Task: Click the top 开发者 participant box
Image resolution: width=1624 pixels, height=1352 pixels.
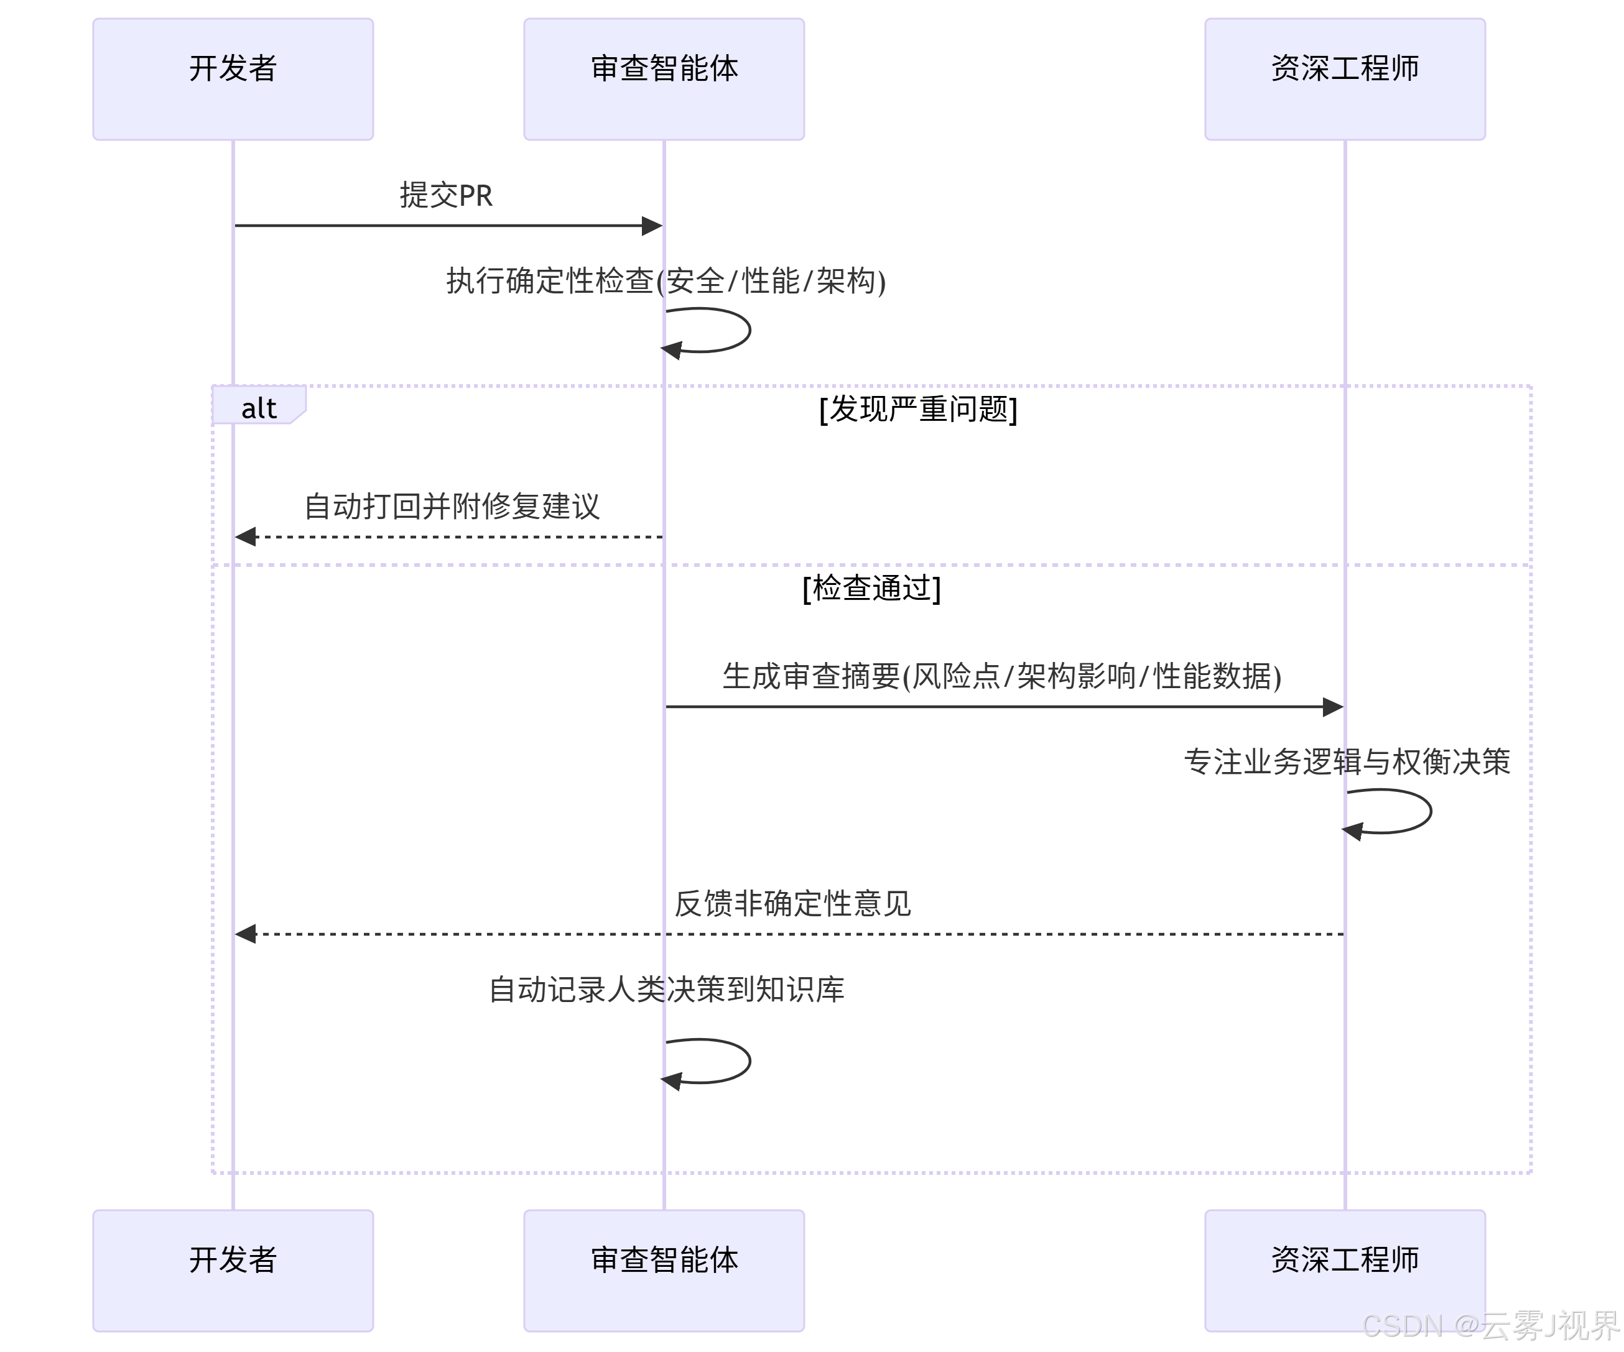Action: [x=233, y=79]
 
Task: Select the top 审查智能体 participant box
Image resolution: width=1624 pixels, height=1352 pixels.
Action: [x=664, y=79]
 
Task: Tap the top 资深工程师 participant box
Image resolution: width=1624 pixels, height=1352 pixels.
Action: [x=1344, y=79]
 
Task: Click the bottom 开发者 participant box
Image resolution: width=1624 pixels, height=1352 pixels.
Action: [x=233, y=1270]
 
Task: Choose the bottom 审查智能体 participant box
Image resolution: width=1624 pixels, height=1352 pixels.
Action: [x=664, y=1270]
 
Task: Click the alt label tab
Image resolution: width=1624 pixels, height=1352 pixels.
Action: [x=258, y=407]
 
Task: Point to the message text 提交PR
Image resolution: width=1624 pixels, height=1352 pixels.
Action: [x=445, y=195]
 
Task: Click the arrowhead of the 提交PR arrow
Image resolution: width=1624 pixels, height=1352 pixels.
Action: [x=652, y=226]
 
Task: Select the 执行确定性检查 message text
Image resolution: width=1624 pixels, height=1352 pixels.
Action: [x=665, y=280]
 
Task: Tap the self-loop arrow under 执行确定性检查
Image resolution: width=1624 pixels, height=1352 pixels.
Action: [x=727, y=331]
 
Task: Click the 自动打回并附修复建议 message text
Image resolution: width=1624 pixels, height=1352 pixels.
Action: [x=452, y=507]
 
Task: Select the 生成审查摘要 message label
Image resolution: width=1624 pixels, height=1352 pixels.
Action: [x=1001, y=676]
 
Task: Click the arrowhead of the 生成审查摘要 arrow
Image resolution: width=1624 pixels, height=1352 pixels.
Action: [x=1334, y=707]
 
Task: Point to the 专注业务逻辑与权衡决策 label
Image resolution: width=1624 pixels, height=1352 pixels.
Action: [x=1347, y=761]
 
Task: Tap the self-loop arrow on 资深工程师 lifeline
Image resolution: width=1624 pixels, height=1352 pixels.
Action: [x=1408, y=812]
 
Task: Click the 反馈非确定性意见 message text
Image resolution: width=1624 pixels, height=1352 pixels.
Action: [x=792, y=903]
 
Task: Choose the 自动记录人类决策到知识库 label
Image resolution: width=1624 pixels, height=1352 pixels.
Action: [x=666, y=990]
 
